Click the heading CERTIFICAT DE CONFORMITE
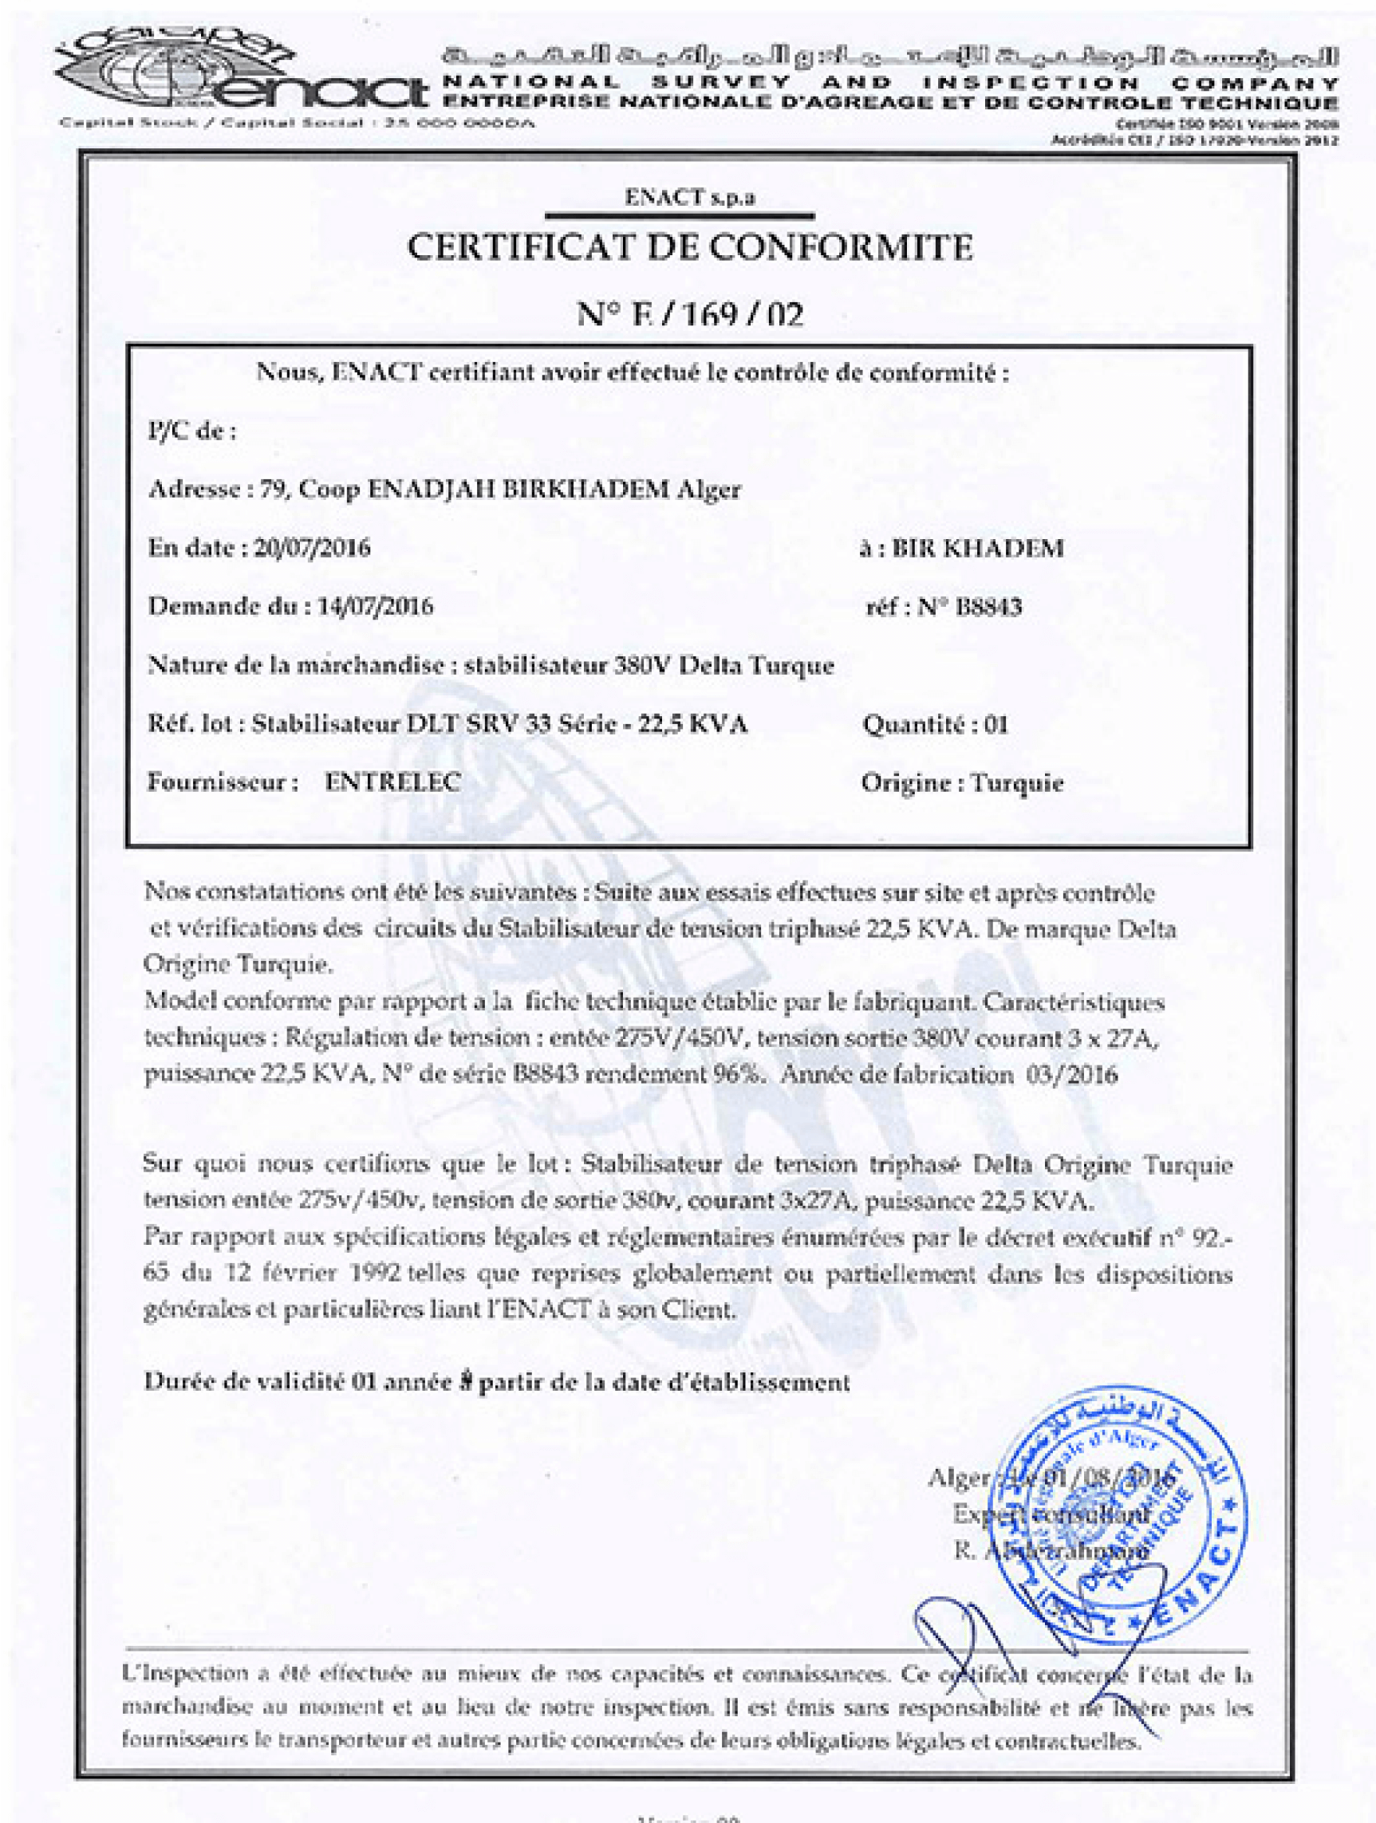coord(690,247)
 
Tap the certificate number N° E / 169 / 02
coord(689,314)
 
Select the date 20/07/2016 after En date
coord(312,548)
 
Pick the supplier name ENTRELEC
coord(392,782)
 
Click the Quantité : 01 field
coord(935,724)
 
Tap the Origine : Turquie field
coord(962,782)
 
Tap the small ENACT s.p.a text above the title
coord(689,198)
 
